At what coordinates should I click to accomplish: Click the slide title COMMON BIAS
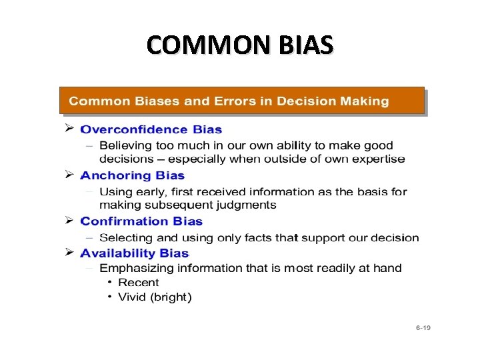239,45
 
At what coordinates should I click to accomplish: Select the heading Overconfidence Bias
151,129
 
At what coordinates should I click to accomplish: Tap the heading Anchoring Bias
132,176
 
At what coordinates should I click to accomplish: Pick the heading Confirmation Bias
141,222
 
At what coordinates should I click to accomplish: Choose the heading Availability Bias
135,253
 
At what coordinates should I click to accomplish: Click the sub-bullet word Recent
139,283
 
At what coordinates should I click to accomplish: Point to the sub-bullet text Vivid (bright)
155,297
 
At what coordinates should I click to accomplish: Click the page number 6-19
423,328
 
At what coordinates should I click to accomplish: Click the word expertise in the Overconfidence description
378,159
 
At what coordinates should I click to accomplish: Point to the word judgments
242,205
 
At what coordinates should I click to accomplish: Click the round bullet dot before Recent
110,283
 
